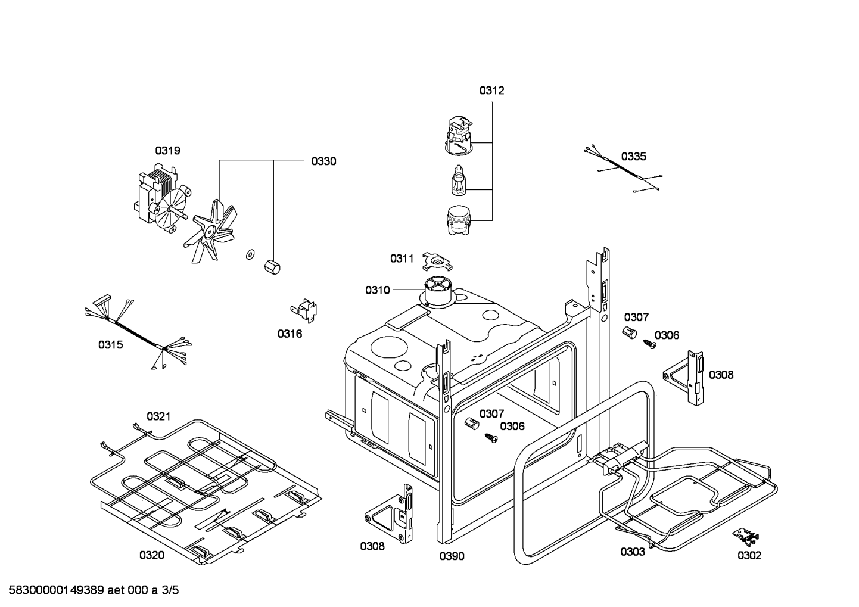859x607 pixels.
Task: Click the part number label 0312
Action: click(x=491, y=91)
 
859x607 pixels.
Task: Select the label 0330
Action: click(x=323, y=161)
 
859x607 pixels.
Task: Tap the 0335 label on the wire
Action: click(x=633, y=157)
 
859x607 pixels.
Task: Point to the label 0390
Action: click(x=452, y=556)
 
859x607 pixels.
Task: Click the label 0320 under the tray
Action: click(x=152, y=555)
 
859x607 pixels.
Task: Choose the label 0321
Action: click(x=159, y=416)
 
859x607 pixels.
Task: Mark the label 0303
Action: click(x=632, y=552)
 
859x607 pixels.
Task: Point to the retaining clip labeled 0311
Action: click(x=438, y=260)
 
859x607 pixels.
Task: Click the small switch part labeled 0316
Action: click(x=306, y=310)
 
